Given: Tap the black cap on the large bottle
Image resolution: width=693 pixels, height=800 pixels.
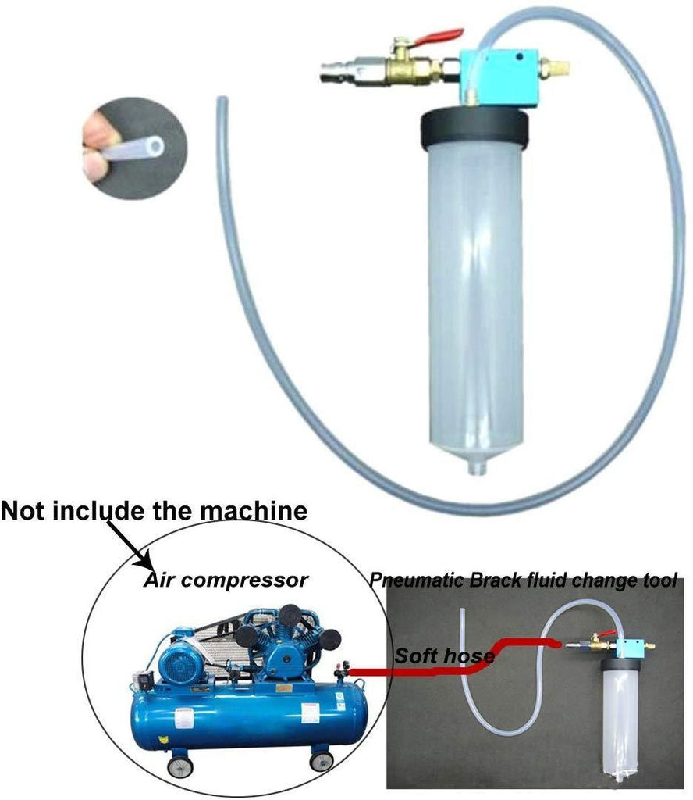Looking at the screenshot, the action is [475, 129].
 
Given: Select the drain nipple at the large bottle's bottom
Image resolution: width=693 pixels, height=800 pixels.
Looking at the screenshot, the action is [476, 467].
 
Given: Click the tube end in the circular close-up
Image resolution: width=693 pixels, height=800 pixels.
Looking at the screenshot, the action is [156, 145].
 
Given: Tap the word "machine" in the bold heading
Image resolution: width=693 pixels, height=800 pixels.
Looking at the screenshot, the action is [254, 511].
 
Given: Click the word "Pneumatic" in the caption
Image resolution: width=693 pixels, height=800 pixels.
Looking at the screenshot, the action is [416, 580].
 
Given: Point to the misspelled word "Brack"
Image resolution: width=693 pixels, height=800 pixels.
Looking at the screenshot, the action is [492, 580].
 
